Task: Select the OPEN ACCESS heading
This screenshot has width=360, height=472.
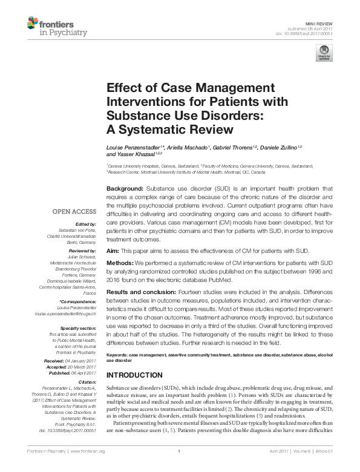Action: tap(74, 211)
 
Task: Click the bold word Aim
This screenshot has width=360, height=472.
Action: tap(112, 251)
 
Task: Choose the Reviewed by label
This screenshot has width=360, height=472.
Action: tap(81, 250)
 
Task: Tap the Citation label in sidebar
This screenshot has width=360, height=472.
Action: tap(85, 382)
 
